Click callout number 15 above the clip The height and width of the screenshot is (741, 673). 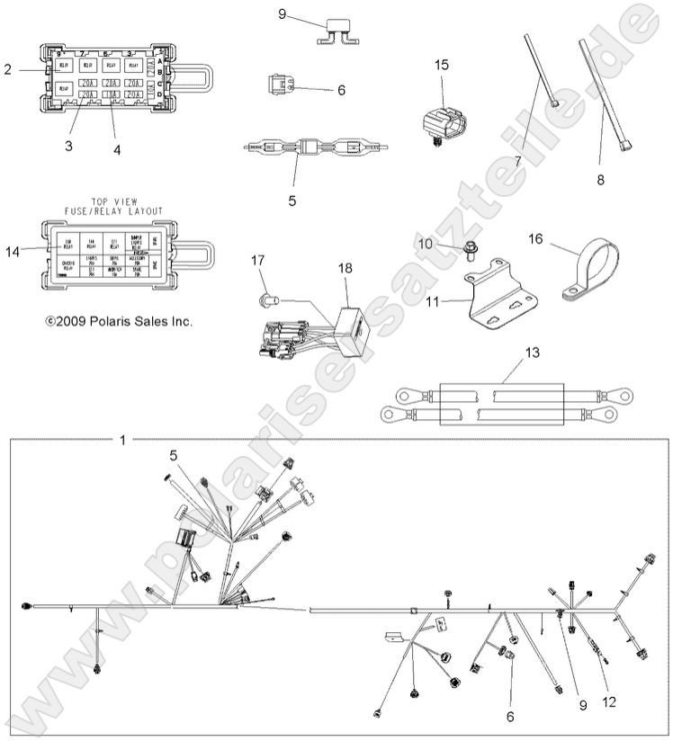(x=441, y=64)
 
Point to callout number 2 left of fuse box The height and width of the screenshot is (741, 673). (x=7, y=69)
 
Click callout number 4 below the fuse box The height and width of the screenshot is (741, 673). (x=117, y=150)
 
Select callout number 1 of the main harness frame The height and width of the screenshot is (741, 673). (x=122, y=440)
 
